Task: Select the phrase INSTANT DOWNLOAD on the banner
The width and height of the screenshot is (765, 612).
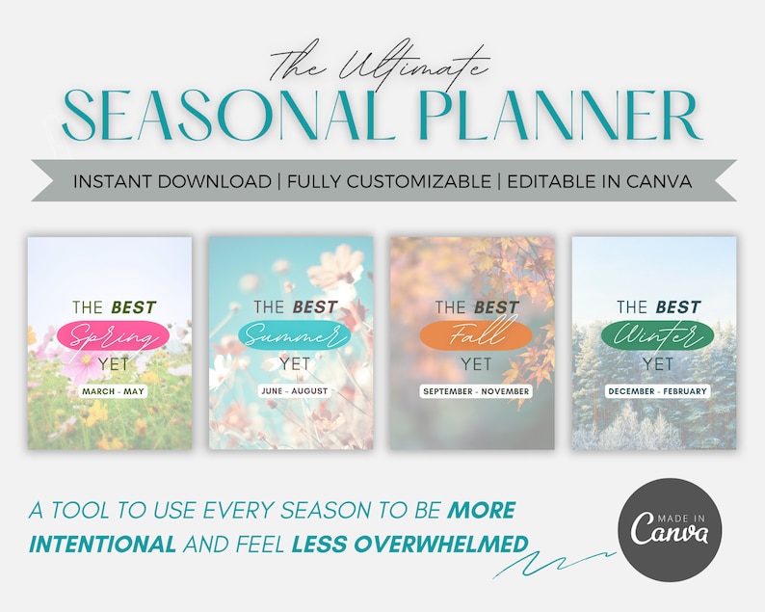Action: click(x=171, y=181)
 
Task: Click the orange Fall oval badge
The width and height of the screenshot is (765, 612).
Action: click(x=475, y=335)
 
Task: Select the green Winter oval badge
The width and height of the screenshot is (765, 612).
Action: click(x=656, y=335)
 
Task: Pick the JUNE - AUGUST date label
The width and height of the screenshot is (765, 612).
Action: click(x=294, y=391)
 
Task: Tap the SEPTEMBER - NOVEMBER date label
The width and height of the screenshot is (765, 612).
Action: click(x=475, y=391)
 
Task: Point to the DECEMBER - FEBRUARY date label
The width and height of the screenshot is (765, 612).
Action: click(x=656, y=391)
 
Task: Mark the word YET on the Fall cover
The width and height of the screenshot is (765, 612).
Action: click(x=475, y=363)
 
